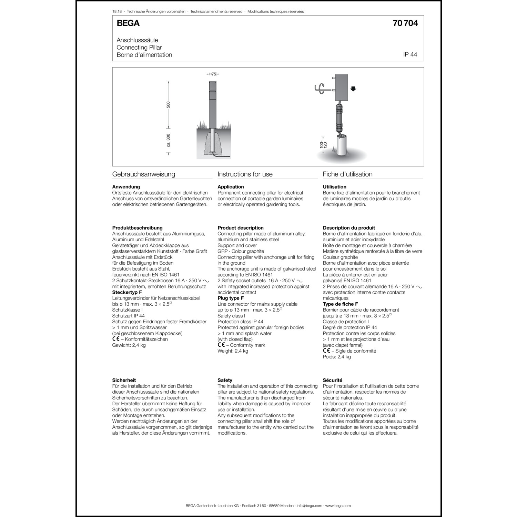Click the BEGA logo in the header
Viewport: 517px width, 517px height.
click(x=128, y=23)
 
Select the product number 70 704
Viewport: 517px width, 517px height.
click(x=405, y=23)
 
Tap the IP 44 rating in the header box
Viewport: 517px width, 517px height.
click(x=410, y=54)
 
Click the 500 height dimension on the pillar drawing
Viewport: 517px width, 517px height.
click(x=168, y=104)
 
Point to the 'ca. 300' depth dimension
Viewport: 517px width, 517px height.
click(x=168, y=140)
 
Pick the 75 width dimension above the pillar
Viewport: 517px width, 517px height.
click(x=214, y=74)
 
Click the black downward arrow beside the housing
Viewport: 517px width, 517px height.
click(x=353, y=89)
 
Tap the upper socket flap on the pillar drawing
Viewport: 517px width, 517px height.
click(x=213, y=85)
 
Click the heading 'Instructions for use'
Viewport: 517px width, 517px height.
click(x=245, y=174)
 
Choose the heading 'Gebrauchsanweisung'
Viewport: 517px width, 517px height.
click(x=143, y=174)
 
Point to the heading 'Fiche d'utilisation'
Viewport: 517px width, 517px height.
click(x=347, y=174)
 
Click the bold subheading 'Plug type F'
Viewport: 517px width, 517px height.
click(x=231, y=298)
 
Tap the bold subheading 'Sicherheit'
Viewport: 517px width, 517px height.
click(x=124, y=380)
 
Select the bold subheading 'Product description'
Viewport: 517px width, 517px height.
click(x=240, y=228)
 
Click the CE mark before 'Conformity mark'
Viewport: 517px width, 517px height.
click(x=221, y=345)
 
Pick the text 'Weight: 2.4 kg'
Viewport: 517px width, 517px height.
click(x=233, y=351)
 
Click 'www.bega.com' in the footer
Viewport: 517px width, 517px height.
click(x=338, y=506)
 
